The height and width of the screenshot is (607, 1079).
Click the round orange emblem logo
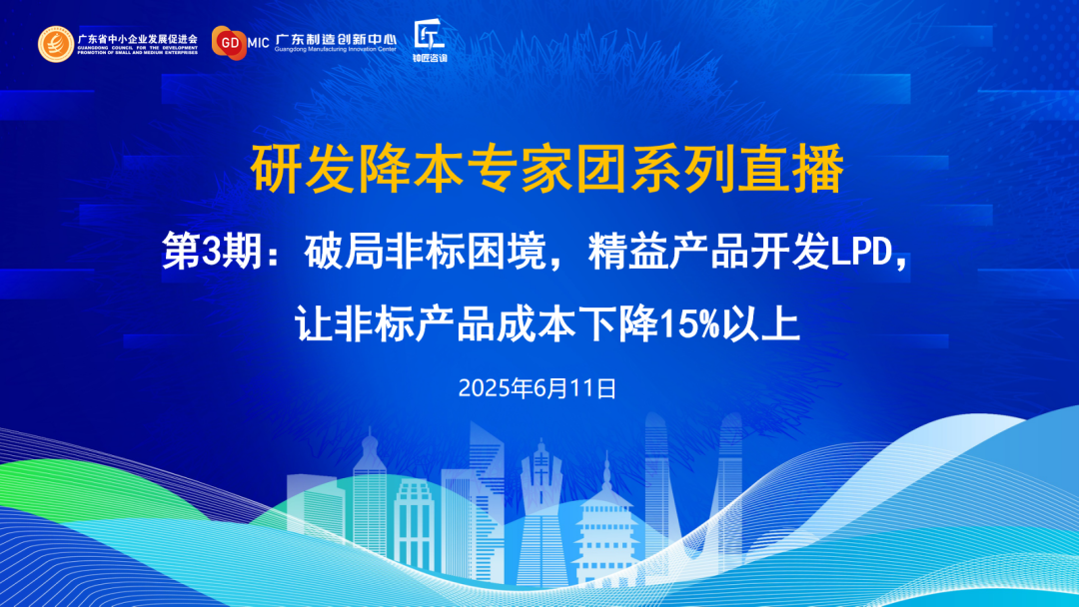pyautogui.click(x=56, y=43)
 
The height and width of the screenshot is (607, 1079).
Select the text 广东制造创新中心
pyautogui.click(x=335, y=37)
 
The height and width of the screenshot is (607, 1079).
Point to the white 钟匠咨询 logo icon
pyautogui.click(x=430, y=35)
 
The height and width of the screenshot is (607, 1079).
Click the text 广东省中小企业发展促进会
pyautogui.click(x=137, y=37)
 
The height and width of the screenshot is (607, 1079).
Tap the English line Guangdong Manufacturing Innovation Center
pyautogui.click(x=335, y=49)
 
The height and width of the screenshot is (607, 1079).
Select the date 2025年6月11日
pyautogui.click(x=538, y=387)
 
